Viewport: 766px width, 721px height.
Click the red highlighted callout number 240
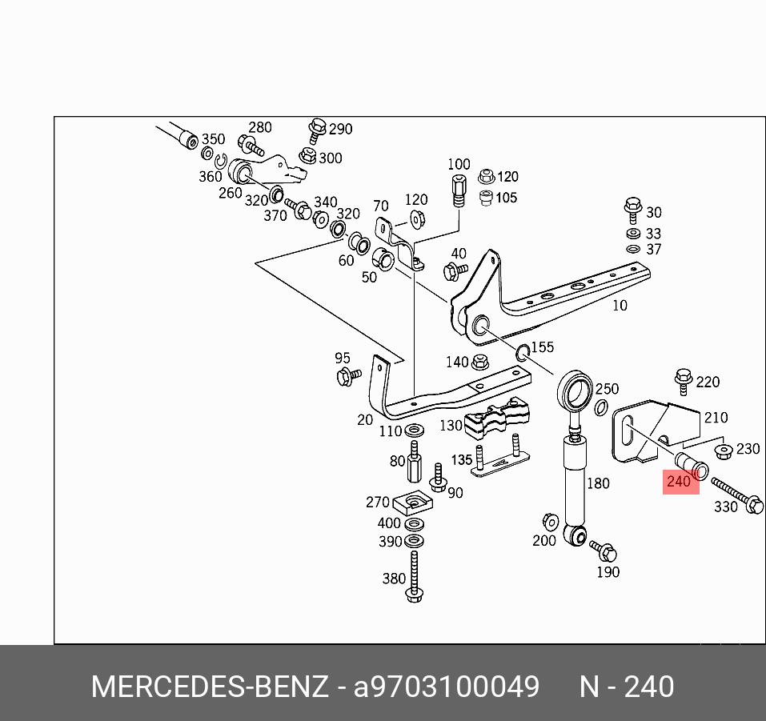tap(678, 482)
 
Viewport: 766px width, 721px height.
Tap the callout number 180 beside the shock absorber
tap(597, 483)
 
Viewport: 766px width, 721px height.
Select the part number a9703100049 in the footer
tap(447, 687)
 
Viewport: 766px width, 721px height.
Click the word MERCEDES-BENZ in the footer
tap(210, 687)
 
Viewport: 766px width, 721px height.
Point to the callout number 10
tap(620, 305)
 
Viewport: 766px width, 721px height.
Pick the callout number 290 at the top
tap(340, 129)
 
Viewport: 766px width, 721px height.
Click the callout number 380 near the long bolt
tap(394, 578)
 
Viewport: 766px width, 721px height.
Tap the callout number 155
tap(543, 347)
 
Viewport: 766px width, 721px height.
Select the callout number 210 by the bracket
tap(716, 417)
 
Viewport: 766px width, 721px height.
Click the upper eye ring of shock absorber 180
tap(576, 391)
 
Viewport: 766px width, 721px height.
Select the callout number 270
tap(377, 503)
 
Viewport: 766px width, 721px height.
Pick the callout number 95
tap(343, 358)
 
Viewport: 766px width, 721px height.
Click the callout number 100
tap(459, 165)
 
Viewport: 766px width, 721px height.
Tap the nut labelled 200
tap(550, 521)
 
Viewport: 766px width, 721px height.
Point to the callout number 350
tap(213, 139)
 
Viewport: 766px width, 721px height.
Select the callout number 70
tap(380, 206)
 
